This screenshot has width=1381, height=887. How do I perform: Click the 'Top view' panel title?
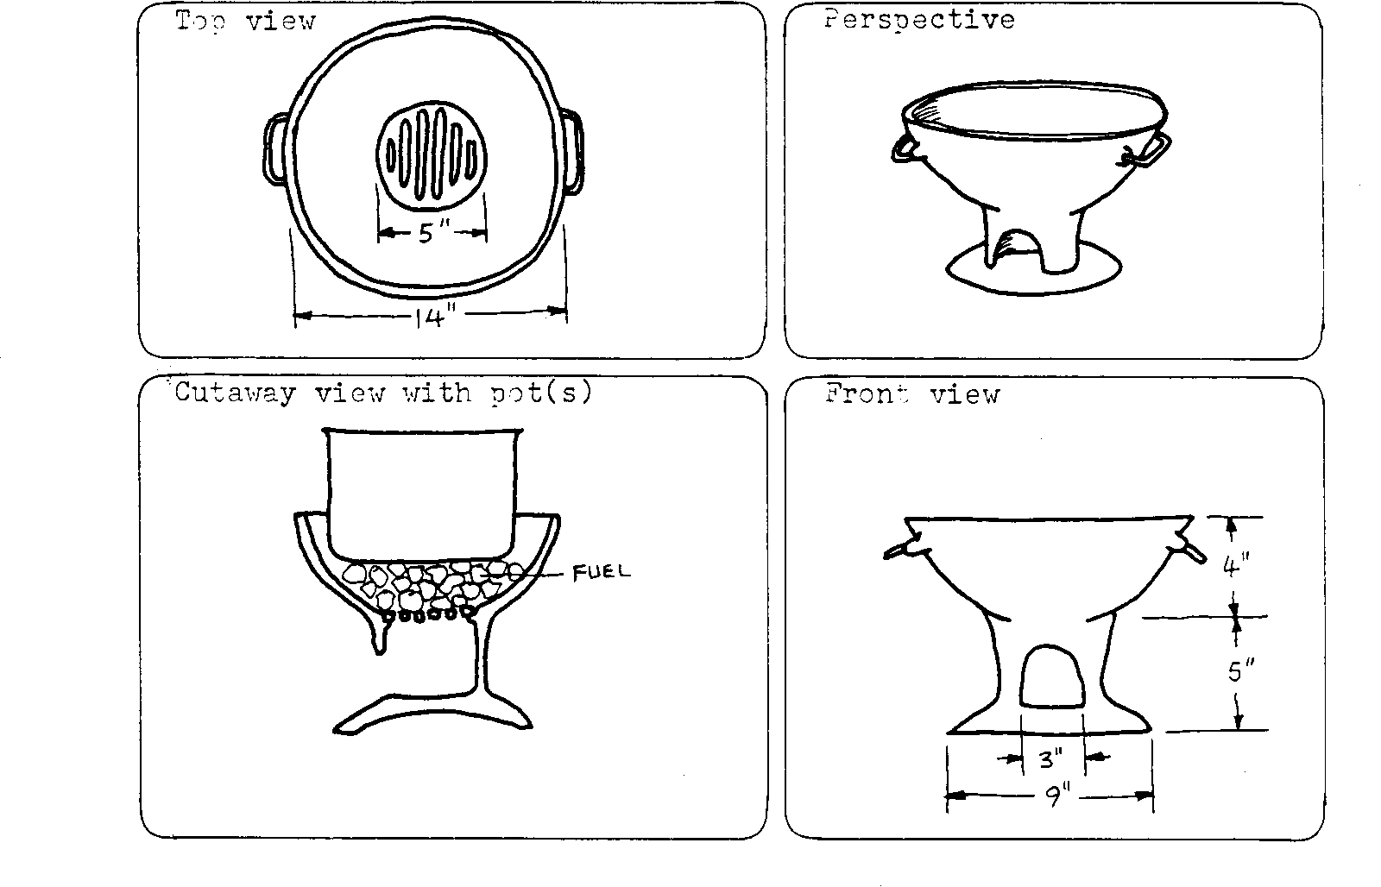[245, 22]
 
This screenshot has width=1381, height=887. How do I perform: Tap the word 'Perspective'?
[919, 21]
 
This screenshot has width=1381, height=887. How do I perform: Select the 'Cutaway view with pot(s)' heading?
[383, 393]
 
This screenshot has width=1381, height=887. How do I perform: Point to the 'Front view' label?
[912, 393]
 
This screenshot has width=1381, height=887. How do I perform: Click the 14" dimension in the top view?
[435, 317]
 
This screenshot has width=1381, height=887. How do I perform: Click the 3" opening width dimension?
[1051, 758]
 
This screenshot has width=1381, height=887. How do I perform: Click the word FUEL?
[601, 573]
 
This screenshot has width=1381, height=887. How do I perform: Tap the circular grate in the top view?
[431, 155]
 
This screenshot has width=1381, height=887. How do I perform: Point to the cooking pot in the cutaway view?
[422, 494]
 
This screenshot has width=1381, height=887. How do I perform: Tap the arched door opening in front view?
[1051, 676]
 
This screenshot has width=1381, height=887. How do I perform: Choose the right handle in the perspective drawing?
[1148, 152]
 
